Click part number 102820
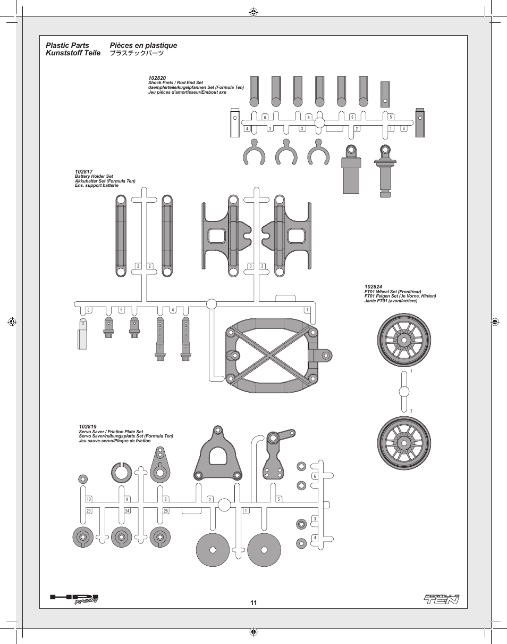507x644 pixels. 157,78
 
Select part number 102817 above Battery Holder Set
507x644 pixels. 84,172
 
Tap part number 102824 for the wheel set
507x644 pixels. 373,287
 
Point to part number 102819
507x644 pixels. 88,427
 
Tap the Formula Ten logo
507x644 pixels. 442,599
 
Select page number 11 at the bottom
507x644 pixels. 253,602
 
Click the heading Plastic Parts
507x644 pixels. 67,45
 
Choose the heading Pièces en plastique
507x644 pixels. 143,45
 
